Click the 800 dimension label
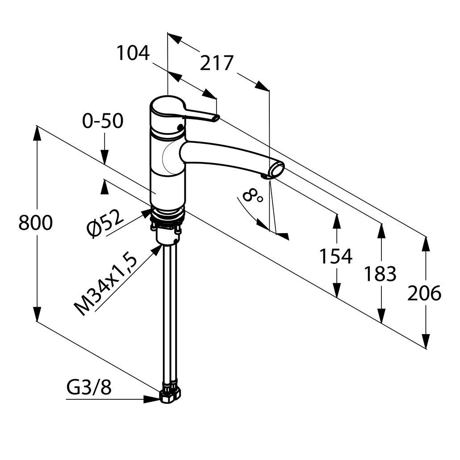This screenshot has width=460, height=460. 36,223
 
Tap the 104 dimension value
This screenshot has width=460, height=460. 133,53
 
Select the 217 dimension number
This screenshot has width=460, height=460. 217,63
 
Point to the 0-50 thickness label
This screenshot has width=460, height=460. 103,121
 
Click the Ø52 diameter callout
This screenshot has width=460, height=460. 106,223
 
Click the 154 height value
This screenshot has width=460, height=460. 336,256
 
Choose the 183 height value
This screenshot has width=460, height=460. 380,274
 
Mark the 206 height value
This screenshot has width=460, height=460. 424,293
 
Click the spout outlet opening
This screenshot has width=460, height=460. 276,170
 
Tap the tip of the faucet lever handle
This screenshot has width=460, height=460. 215,118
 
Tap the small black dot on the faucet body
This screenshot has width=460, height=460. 180,127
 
